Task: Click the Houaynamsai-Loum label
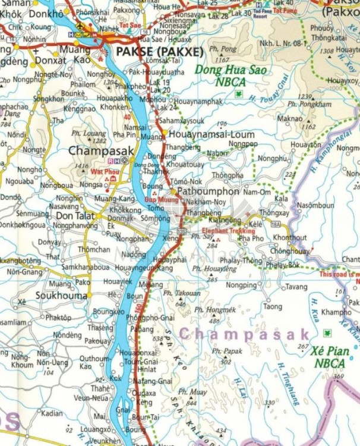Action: pyautogui.click(x=212, y=134)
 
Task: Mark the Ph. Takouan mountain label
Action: pyautogui.click(x=181, y=293)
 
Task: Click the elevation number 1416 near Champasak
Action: pyautogui.click(x=81, y=166)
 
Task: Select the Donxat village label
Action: pyautogui.click(x=50, y=61)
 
